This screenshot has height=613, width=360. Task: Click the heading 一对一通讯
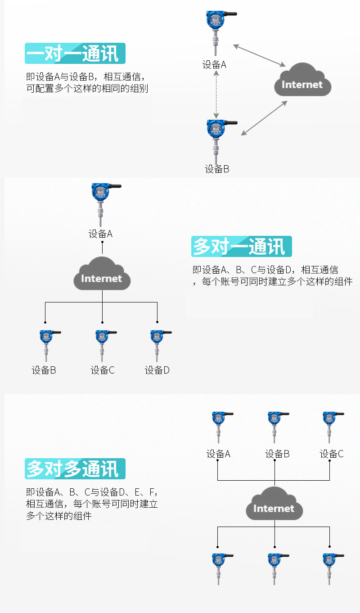[75, 54]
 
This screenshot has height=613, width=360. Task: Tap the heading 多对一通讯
[241, 246]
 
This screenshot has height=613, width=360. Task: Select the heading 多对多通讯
[75, 469]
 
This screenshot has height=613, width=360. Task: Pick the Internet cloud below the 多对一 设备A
[102, 276]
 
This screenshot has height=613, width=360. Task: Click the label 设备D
[157, 370]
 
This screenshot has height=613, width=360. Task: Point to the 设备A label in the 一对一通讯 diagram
[214, 65]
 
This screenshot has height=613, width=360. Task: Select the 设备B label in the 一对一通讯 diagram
[217, 169]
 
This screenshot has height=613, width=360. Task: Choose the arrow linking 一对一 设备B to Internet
[264, 117]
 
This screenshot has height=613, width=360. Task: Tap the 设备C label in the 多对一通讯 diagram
[103, 370]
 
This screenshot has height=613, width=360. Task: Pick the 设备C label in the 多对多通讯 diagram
[332, 454]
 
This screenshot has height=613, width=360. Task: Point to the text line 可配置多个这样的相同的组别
[87, 89]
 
